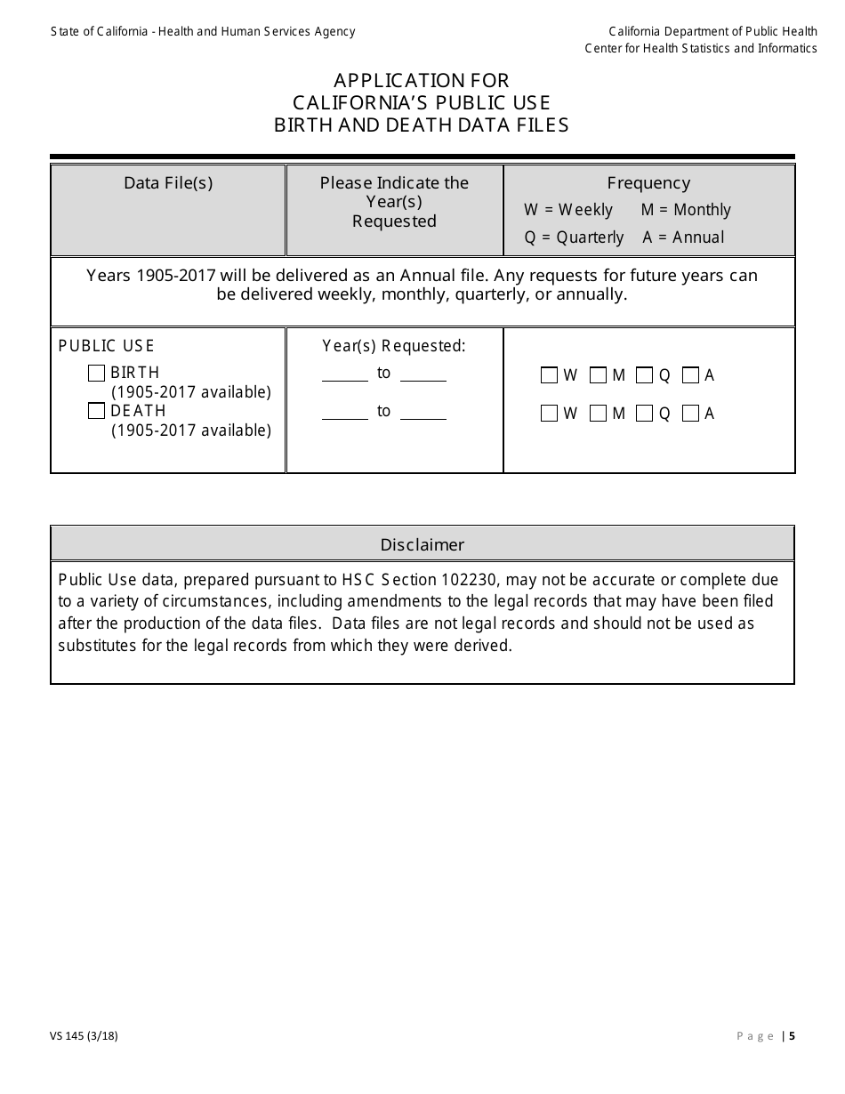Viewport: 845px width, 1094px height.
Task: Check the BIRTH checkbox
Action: [x=97, y=374]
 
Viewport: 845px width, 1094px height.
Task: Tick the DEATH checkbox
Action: [x=97, y=411]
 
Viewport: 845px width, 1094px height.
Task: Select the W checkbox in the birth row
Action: [x=549, y=375]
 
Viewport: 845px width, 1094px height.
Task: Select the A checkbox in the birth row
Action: [x=690, y=375]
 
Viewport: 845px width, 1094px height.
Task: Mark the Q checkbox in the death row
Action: [x=644, y=414]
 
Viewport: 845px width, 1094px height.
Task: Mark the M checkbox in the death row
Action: [x=599, y=414]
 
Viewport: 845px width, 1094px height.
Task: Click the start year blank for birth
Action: [x=345, y=374]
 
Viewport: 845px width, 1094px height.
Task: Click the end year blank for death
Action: [x=423, y=413]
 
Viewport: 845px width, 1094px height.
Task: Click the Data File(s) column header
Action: [x=168, y=183]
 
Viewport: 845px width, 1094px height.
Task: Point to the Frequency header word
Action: [x=648, y=183]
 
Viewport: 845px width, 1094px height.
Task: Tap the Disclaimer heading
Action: [x=422, y=544]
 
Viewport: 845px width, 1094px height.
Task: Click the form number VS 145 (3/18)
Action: [x=84, y=1035]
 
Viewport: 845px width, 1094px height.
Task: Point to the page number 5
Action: [x=792, y=1035]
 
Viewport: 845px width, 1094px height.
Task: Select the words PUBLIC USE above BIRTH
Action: [x=106, y=346]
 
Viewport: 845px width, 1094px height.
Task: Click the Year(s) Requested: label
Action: [x=394, y=346]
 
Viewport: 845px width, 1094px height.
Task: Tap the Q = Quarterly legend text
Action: [x=574, y=237]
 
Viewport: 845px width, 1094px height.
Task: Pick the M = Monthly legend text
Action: [x=686, y=210]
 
